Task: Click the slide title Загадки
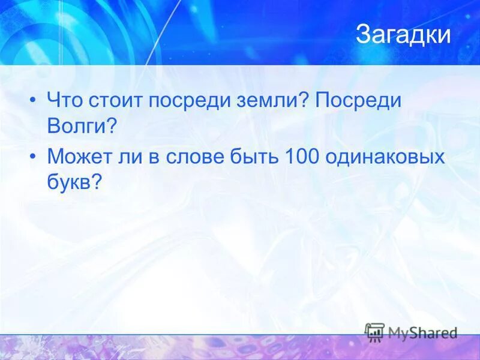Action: click(x=403, y=35)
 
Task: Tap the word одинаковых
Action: click(x=385, y=157)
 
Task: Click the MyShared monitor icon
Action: click(x=375, y=332)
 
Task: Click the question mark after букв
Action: click(x=95, y=182)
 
